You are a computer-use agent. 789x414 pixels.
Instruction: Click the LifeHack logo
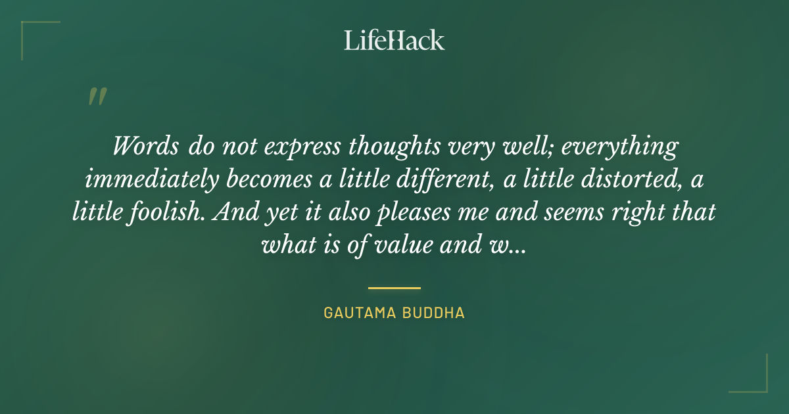[x=394, y=40]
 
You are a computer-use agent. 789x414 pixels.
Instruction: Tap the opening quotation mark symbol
[x=97, y=97]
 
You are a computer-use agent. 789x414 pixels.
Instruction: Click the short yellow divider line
[x=394, y=288]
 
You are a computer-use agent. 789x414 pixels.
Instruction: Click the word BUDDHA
[x=435, y=313]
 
